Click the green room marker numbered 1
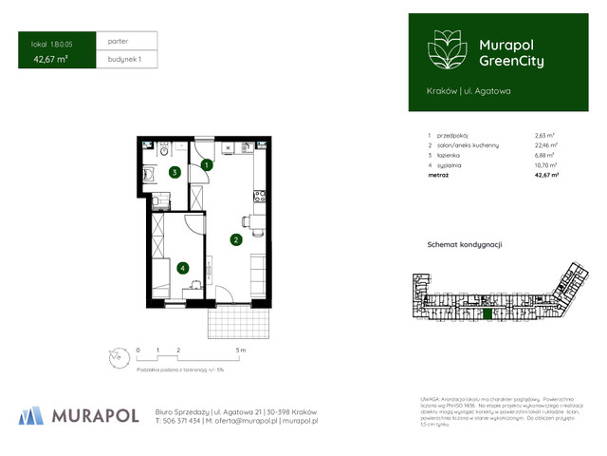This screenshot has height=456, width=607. pyautogui.click(x=207, y=165)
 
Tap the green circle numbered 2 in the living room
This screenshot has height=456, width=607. pyautogui.click(x=234, y=239)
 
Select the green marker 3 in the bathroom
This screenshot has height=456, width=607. pyautogui.click(x=175, y=173)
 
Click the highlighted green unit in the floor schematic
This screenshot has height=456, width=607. pyautogui.click(x=487, y=313)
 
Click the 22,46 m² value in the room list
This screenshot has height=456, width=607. pyautogui.click(x=545, y=145)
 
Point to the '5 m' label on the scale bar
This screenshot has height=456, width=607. pyautogui.click(x=242, y=351)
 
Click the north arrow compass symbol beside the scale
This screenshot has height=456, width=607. pyautogui.click(x=115, y=357)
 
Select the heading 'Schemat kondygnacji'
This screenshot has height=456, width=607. pyautogui.click(x=464, y=244)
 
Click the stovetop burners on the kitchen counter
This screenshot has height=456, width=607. pyautogui.click(x=258, y=197)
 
